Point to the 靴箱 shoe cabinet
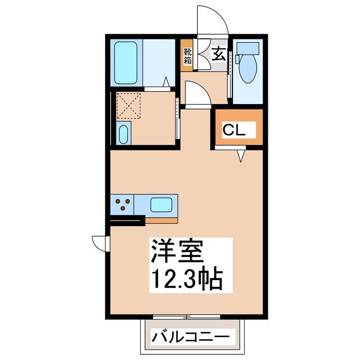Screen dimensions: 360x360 point(188,55)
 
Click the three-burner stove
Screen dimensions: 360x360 point(124,205)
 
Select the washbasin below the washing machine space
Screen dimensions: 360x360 point(124,134)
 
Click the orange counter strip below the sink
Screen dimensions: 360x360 point(161,218)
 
